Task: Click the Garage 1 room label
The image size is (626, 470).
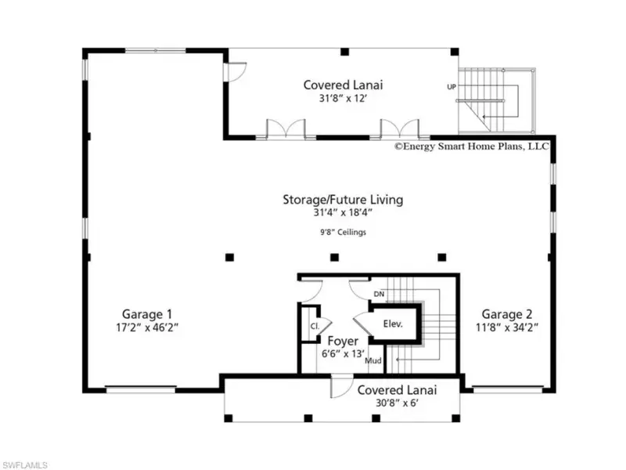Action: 147,314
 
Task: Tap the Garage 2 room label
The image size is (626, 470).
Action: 507,314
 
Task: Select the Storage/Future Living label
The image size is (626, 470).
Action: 343,200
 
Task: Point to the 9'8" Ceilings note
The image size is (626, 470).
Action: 343,232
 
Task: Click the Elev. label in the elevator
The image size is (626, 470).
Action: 393,324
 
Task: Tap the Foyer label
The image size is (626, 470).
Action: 343,341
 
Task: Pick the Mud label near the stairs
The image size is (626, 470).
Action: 373,360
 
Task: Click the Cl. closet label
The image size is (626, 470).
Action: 315,326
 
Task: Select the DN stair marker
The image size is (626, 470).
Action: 379,295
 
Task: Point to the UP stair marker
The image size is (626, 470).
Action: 452,87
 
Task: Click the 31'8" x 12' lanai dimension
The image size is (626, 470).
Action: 343,98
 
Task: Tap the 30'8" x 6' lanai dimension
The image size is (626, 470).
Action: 397,403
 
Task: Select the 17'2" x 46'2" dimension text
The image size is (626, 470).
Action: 147,327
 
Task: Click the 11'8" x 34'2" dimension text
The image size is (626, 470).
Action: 507,327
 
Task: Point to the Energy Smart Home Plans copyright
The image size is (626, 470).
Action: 472,146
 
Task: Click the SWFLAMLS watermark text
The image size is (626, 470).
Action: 25,465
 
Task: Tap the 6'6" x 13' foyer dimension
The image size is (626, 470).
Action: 343,354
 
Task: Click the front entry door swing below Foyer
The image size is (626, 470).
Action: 341,387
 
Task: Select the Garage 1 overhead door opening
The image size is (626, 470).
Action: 141,389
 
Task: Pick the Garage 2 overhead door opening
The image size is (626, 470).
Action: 508,389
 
